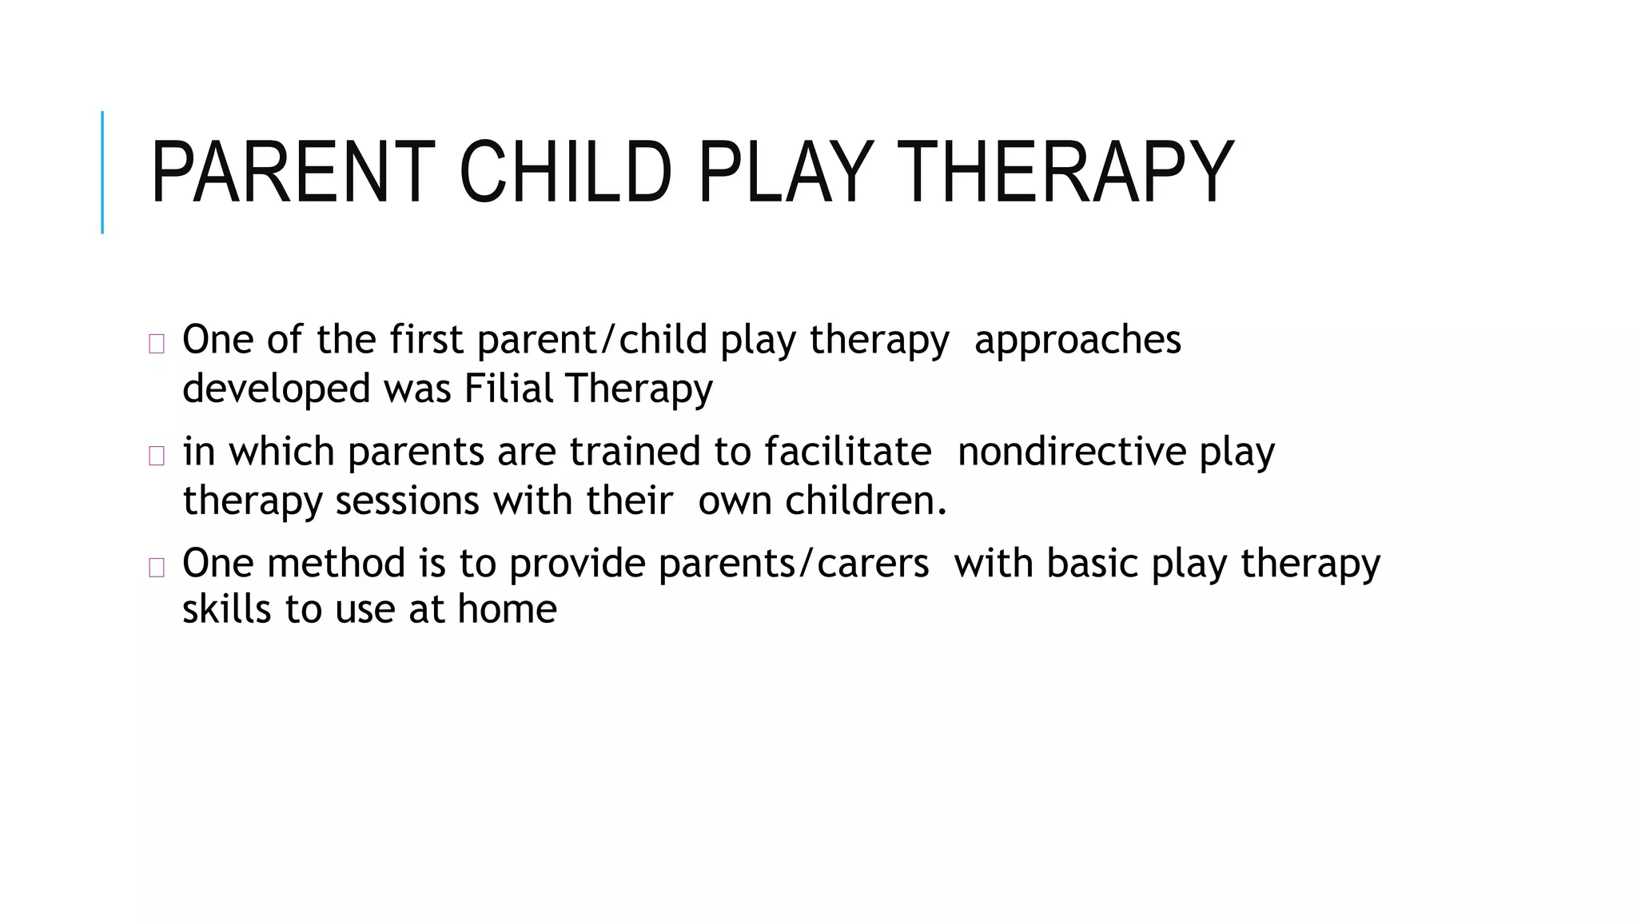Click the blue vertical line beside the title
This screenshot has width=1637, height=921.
point(102,173)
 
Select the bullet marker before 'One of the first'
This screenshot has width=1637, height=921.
point(157,345)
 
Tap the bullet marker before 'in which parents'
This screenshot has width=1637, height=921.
point(157,456)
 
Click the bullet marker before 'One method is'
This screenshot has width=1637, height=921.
point(157,568)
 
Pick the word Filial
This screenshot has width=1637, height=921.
point(508,389)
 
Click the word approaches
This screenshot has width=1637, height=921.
point(1077,341)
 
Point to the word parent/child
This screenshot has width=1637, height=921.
point(592,341)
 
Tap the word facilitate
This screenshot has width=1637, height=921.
point(847,452)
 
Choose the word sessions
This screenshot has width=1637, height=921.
point(408,501)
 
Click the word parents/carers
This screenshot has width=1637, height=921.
point(793,563)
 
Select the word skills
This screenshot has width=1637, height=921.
point(227,609)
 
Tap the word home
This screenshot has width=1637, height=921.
point(507,609)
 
